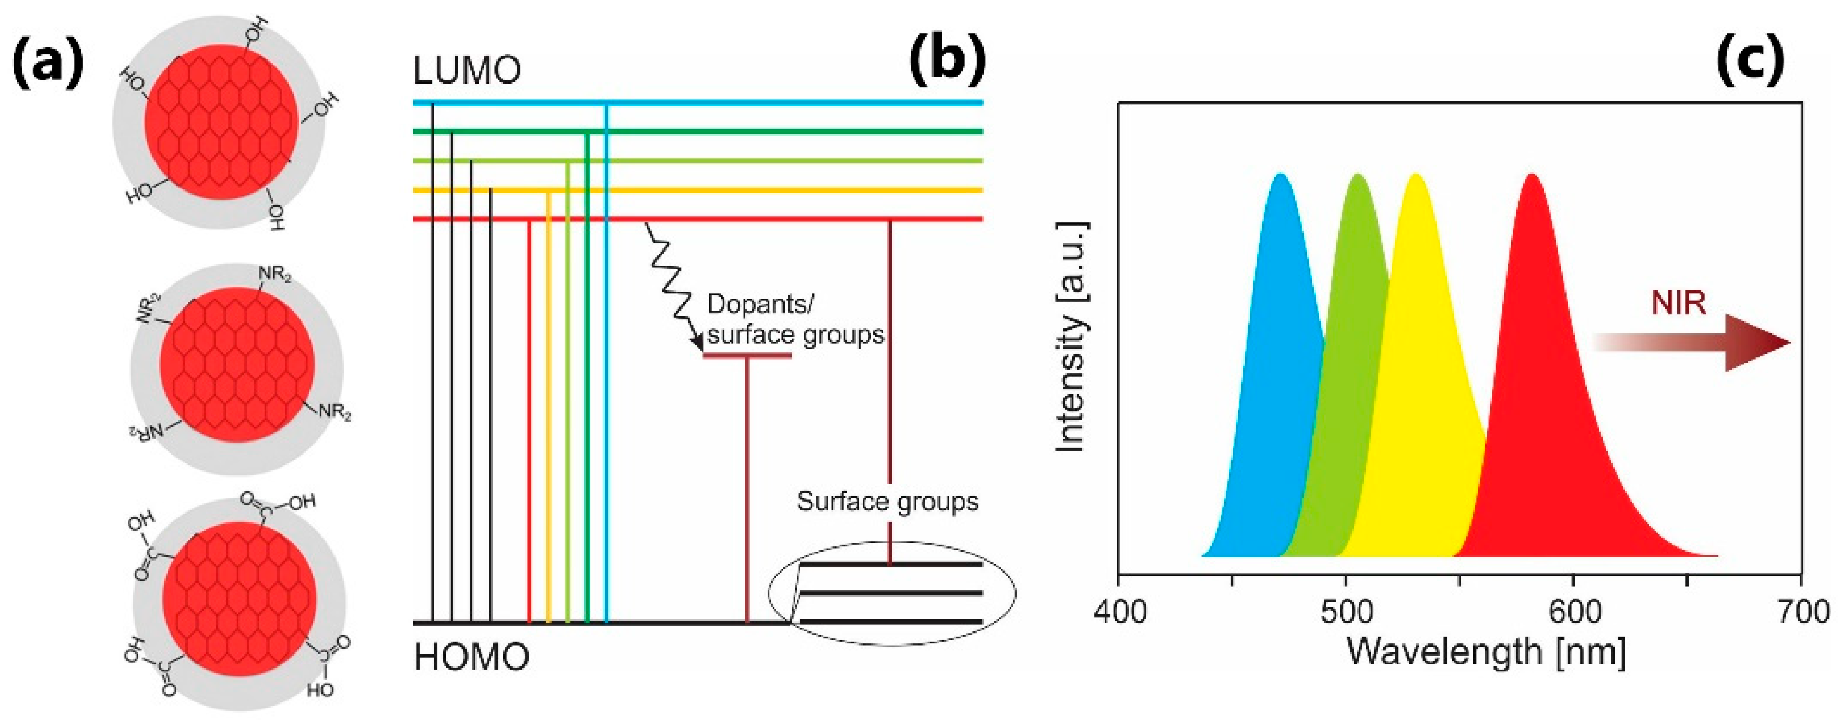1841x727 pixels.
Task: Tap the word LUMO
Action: pos(467,71)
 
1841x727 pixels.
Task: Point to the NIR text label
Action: pos(1679,303)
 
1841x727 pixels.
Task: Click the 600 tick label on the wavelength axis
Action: pos(1574,613)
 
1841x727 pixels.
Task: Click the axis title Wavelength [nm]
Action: pos(1487,652)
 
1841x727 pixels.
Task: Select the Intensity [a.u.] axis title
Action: pos(1072,337)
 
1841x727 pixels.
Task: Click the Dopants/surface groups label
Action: pos(795,319)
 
